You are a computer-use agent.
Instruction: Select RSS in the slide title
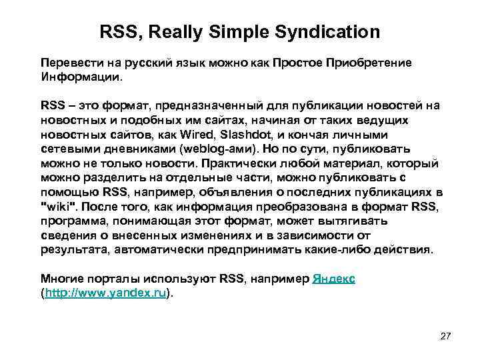[118, 31]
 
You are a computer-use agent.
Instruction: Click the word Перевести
[70, 63]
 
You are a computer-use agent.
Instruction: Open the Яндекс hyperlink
[333, 279]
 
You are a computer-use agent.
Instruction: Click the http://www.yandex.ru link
[105, 293]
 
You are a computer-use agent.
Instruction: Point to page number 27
[446, 335]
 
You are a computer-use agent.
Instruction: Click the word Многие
[61, 279]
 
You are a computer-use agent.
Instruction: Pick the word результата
[74, 250]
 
